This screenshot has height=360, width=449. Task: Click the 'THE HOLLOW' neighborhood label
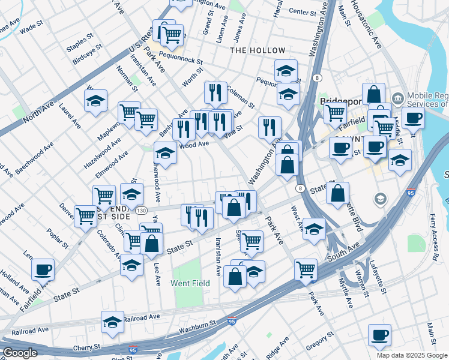click(x=259, y=50)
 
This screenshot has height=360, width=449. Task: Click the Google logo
click(x=20, y=353)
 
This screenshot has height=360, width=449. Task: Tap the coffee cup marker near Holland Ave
click(x=43, y=270)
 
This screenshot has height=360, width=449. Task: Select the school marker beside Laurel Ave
click(x=95, y=101)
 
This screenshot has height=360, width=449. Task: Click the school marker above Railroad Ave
click(x=112, y=322)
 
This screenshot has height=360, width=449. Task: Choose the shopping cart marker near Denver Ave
click(x=86, y=216)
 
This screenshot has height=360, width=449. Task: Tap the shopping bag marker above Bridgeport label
click(x=373, y=94)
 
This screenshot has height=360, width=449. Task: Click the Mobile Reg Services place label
click(x=427, y=100)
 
